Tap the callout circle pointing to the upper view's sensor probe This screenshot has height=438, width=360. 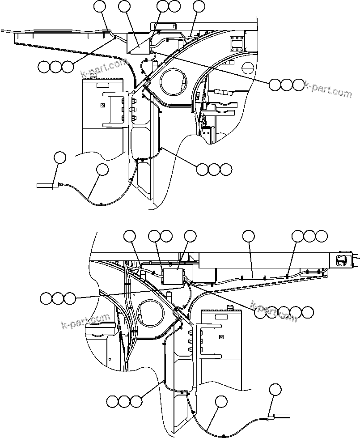59,157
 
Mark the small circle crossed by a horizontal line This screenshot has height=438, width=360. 247,68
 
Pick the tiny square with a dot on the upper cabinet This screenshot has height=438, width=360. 102,106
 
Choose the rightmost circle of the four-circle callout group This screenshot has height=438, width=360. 307,312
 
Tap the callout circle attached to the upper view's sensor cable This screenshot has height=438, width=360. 103,170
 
